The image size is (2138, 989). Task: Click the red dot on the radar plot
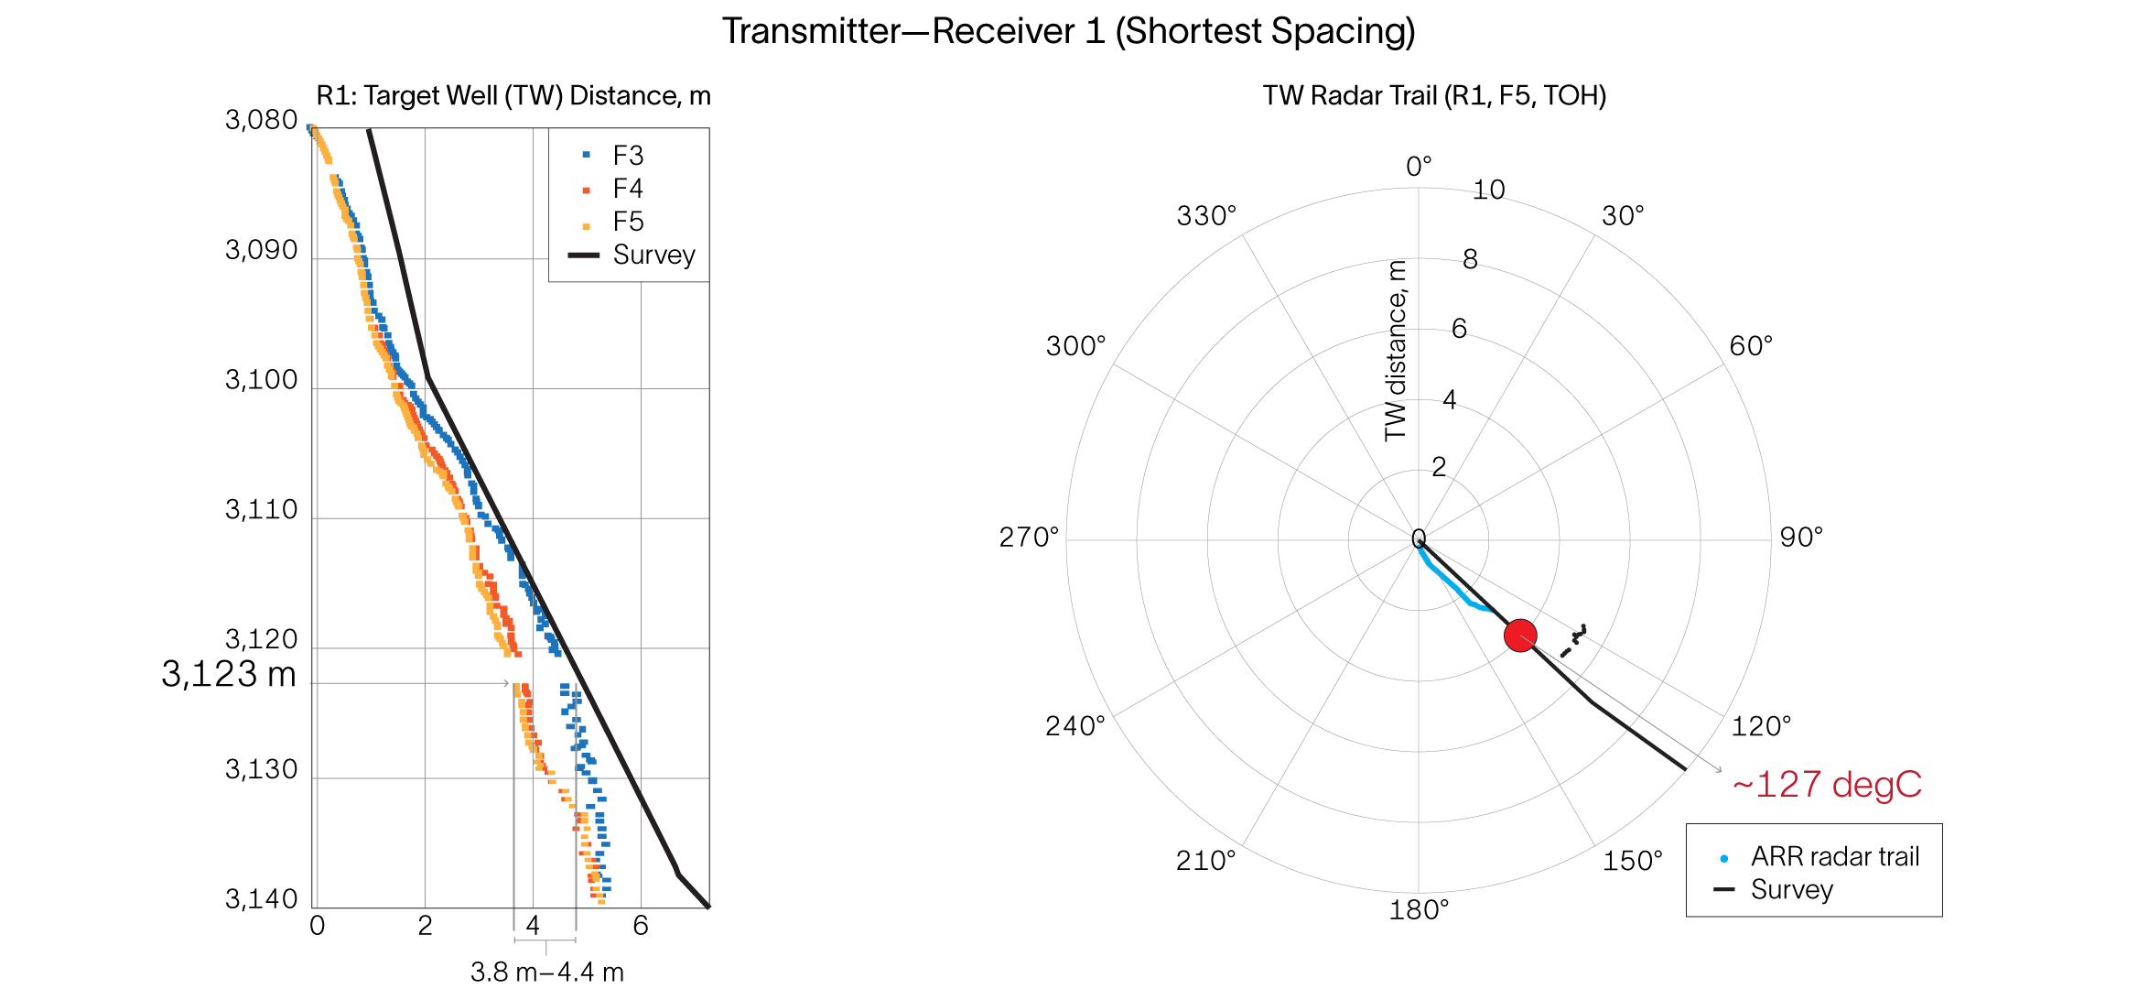point(1520,636)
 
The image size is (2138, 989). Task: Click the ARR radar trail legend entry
point(1834,857)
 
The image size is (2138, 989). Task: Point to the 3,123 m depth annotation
point(229,675)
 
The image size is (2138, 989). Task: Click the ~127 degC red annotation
point(1827,785)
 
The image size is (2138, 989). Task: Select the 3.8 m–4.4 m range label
point(547,972)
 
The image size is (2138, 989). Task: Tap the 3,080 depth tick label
point(262,120)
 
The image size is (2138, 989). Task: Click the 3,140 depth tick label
point(262,899)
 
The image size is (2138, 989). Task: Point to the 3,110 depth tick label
point(262,510)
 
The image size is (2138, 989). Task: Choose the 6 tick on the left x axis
point(641,926)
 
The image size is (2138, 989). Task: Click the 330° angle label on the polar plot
point(1206,216)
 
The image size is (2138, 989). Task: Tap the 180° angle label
point(1419,910)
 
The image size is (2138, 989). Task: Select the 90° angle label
point(1801,538)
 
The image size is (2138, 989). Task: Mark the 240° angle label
point(1075,726)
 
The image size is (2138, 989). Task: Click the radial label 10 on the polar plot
point(1489,190)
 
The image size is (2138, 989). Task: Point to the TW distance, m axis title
point(1395,351)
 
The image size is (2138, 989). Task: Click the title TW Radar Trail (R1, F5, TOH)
point(1434,96)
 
